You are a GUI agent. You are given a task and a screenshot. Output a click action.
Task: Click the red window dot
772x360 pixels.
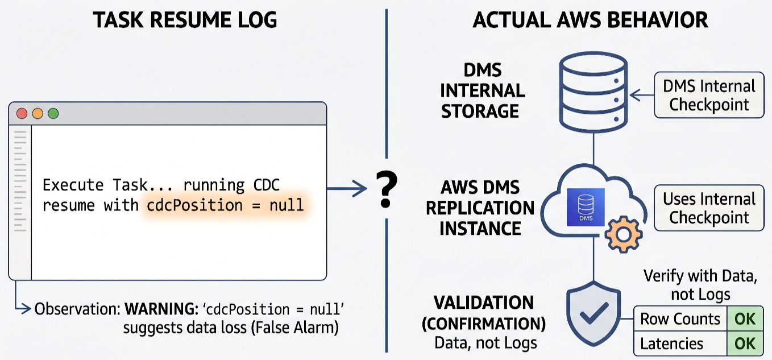22,113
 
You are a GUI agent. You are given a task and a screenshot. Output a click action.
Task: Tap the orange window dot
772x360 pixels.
38,113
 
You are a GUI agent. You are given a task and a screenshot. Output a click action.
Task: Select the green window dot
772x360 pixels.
53,113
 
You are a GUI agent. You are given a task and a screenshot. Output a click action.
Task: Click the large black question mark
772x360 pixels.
387,189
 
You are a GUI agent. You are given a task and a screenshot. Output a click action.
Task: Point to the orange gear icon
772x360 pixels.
623,234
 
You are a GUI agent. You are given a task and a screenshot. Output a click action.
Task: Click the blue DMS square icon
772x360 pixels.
586,207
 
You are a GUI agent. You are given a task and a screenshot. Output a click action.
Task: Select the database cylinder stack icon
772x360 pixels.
593,92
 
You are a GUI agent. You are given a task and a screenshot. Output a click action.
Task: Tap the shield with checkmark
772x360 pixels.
593,314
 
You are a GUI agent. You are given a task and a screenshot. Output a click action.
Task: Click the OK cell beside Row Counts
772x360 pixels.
745,318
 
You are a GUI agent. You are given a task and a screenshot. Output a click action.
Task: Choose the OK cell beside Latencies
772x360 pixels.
745,344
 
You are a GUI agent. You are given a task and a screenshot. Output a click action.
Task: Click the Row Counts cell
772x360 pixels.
680,318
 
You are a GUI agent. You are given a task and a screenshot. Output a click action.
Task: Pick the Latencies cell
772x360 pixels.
680,344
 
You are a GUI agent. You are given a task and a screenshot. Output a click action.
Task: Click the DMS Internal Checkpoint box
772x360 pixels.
709,95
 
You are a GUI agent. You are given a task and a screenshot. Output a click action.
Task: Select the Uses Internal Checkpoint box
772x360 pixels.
709,208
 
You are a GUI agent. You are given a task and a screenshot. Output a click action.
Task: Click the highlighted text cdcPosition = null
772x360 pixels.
225,205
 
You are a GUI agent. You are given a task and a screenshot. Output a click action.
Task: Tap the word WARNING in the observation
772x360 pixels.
161,309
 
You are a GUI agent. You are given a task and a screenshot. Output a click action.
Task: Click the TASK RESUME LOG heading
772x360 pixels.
185,20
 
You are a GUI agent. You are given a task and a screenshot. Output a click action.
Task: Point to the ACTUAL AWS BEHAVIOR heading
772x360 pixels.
591,20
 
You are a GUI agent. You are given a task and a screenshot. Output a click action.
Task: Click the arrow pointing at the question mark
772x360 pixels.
347,189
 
